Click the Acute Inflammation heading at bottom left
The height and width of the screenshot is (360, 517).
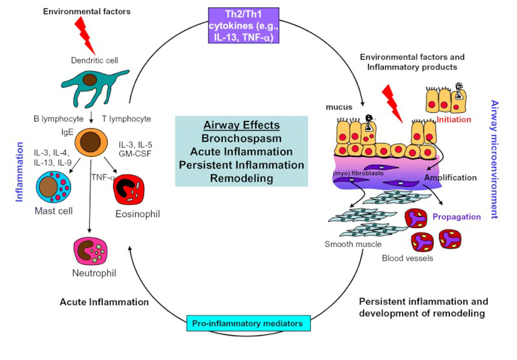coord(104,302)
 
